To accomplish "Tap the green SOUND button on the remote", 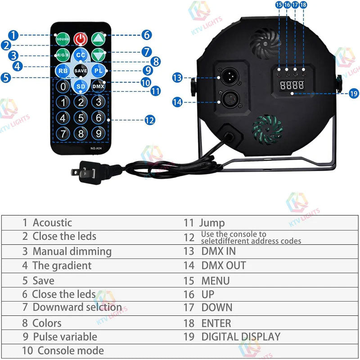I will pos(63,40).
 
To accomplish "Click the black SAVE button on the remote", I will pos(81,71).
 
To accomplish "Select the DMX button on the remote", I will pos(98,86).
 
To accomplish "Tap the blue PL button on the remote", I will pos(98,71).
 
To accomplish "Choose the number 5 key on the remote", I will pos(81,118).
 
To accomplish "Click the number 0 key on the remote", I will pos(63,86).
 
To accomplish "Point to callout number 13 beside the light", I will pos(177,78).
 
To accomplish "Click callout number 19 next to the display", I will pos(353,94).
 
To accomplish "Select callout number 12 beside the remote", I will pos(150,120).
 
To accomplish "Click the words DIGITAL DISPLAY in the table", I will pos(241,337).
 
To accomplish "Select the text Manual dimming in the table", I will pos(72,251).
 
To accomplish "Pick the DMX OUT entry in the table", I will pos(224,265).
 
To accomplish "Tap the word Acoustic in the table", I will pos(52,222).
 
